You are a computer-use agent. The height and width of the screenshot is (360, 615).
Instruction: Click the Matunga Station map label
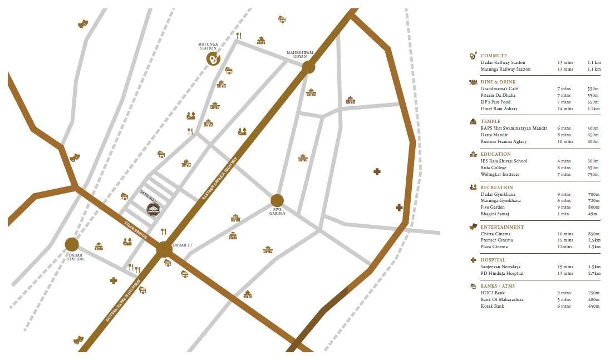207,46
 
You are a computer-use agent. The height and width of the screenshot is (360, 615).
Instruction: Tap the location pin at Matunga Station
213,58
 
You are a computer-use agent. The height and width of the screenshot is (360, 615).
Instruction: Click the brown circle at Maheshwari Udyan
308,67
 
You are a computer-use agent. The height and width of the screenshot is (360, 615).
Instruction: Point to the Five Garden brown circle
277,200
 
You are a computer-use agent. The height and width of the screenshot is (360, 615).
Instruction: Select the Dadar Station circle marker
72,244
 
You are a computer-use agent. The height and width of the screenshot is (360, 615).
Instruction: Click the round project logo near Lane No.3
153,209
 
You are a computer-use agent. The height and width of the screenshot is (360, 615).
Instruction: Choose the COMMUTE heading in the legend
494,56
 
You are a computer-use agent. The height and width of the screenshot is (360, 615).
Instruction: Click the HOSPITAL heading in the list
493,260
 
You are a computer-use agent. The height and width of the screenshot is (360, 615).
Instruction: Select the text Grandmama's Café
499,88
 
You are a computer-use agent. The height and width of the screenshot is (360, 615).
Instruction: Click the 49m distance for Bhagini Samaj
593,214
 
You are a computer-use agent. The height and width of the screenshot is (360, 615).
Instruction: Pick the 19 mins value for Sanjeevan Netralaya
564,267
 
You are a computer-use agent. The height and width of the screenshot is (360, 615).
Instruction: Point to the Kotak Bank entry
493,306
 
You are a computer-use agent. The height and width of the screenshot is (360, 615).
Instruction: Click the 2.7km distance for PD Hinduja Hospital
594,273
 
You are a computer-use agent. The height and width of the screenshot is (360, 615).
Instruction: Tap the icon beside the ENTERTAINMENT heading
473,226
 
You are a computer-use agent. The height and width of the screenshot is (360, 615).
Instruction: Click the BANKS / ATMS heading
498,286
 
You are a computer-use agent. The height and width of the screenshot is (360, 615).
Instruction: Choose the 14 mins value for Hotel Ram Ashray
564,109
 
